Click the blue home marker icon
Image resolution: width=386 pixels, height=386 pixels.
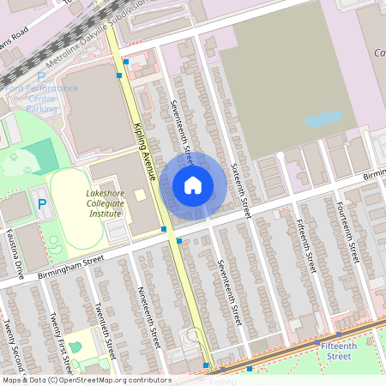[x=193, y=184]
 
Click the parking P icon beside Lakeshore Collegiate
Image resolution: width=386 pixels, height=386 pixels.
[x=41, y=203]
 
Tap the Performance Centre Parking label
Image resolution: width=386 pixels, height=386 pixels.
[x=42, y=98]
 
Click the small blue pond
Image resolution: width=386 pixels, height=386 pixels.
[x=322, y=119]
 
